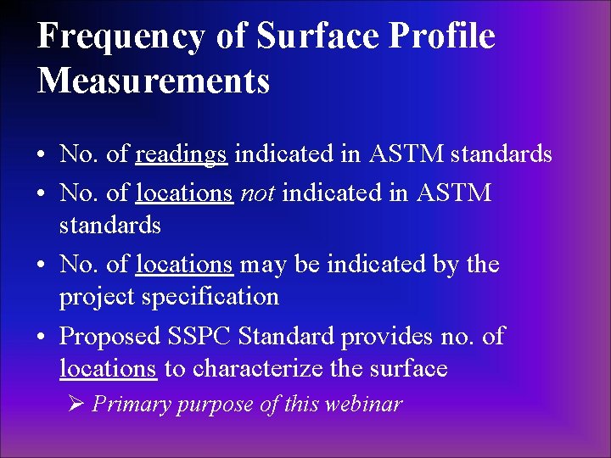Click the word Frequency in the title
pyautogui.click(x=121, y=37)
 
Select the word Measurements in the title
pyautogui.click(x=154, y=81)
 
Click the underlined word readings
pyautogui.click(x=181, y=155)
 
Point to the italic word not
pyautogui.click(x=257, y=193)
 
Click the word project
pyautogui.click(x=92, y=298)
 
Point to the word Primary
pyautogui.click(x=128, y=405)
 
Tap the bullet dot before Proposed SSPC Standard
pyautogui.click(x=42, y=338)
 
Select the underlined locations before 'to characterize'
pyautogui.click(x=108, y=369)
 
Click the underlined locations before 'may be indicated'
pyautogui.click(x=184, y=265)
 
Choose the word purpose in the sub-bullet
pyautogui.click(x=212, y=405)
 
